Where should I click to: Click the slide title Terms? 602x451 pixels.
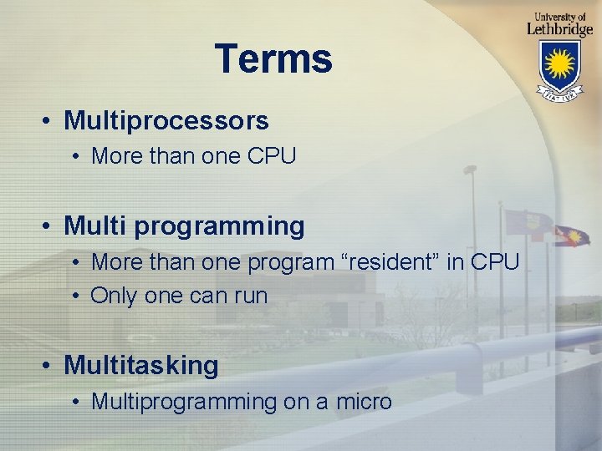[273, 59]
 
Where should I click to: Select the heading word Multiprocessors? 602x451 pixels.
[166, 121]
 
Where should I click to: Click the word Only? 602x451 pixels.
[115, 296]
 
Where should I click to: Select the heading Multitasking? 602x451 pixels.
[141, 365]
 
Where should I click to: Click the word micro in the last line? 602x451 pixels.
[364, 402]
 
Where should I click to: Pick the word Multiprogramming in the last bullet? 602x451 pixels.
[184, 402]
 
